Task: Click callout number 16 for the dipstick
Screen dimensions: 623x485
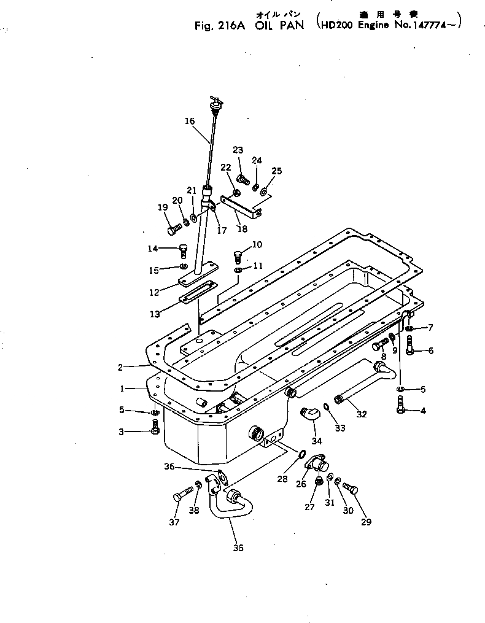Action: (189, 122)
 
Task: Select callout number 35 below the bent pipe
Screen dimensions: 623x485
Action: (238, 548)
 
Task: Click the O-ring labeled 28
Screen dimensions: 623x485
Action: (301, 454)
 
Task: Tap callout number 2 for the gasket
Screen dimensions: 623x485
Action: (120, 367)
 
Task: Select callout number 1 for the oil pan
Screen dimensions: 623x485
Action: (123, 389)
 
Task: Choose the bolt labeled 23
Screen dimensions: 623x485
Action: (242, 179)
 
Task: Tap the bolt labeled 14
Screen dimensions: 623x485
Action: (182, 250)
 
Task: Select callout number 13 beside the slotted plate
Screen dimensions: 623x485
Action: (154, 314)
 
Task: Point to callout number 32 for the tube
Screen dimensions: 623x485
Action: (362, 414)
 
